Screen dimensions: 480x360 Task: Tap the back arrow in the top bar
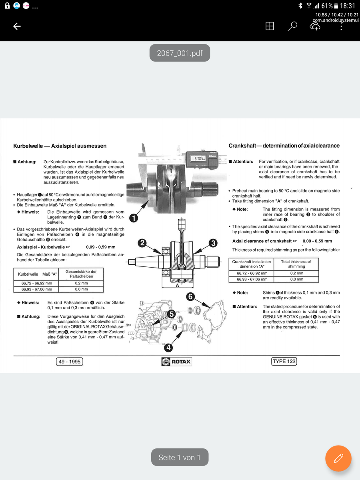17,26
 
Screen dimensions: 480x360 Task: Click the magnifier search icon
292,26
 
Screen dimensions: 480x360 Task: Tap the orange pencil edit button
338,458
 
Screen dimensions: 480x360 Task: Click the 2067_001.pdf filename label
180,53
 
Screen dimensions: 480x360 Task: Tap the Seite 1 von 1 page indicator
180,457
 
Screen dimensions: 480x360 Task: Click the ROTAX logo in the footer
176,361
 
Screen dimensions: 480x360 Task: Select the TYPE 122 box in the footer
284,361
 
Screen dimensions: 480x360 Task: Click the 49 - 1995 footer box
70,362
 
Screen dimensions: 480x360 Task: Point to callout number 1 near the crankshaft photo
134,218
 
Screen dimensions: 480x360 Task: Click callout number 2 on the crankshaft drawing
142,243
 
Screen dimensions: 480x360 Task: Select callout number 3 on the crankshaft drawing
213,243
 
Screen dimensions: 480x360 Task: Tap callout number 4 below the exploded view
169,348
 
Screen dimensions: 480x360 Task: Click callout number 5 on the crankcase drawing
171,314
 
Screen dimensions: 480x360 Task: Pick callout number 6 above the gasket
190,296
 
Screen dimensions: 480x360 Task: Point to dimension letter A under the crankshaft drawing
177,285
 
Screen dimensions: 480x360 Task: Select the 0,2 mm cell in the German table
82,283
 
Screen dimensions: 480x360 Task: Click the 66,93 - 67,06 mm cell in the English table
252,279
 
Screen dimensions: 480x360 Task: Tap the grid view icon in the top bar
270,26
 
